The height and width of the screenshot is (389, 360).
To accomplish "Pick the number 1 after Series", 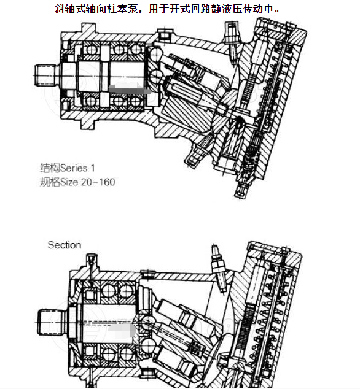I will [x=93, y=168].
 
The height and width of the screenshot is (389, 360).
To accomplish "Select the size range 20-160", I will [x=100, y=182].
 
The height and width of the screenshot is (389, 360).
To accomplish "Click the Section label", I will [x=65, y=245].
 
